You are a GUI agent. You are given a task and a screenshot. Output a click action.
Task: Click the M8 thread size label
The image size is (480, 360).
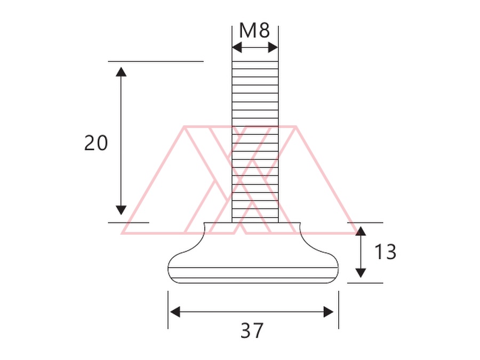(254, 30)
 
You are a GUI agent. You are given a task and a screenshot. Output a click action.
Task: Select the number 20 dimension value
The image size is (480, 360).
(96, 143)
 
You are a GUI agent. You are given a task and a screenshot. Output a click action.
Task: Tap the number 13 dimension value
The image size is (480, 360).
(385, 252)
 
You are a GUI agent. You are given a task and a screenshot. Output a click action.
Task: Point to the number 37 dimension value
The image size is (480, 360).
(252, 331)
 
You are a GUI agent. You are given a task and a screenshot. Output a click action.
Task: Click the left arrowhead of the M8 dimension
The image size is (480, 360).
(237, 48)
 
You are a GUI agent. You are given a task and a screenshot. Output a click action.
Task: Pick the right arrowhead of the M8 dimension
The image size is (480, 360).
(273, 48)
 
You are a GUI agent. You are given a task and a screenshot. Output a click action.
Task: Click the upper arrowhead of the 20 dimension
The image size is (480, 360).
(121, 71)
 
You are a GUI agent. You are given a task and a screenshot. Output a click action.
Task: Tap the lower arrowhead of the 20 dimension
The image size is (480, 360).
(121, 210)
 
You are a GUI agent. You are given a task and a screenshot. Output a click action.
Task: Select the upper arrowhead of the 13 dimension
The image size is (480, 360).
(361, 231)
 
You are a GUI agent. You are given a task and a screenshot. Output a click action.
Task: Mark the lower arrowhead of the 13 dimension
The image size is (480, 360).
(361, 273)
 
